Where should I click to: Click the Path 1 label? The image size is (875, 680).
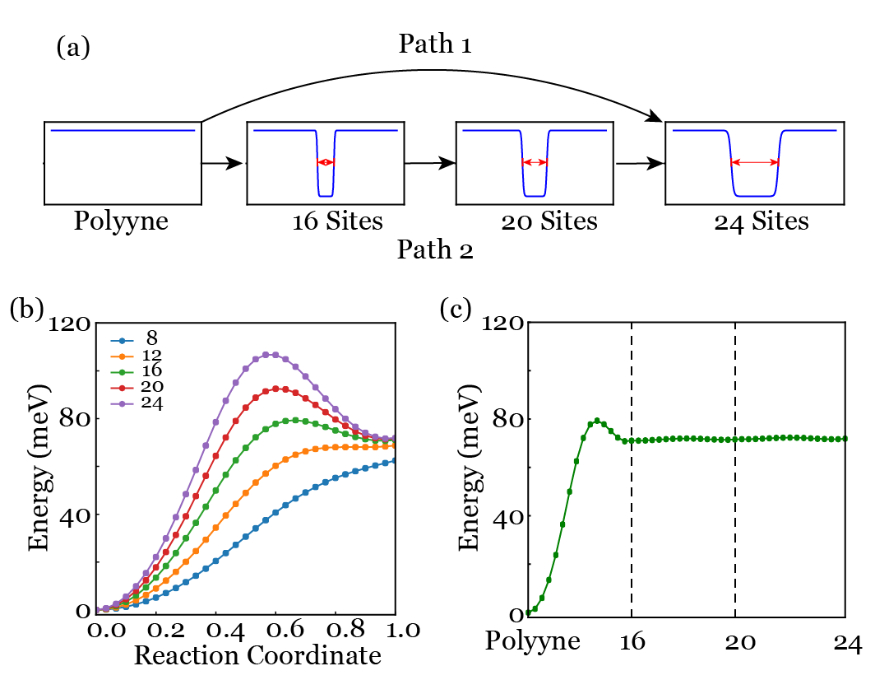click(435, 46)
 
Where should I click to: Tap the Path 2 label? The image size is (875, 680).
click(435, 249)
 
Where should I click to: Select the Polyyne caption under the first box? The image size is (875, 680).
click(122, 223)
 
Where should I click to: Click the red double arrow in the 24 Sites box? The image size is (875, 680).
click(755, 162)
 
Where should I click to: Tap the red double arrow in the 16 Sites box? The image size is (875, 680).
click(326, 162)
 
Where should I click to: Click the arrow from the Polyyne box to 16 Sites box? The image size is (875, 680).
click(223, 164)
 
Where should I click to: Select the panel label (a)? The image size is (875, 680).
click(72, 48)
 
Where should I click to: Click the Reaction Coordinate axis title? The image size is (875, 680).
click(257, 656)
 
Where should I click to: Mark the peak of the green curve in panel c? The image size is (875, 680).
click(597, 421)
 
